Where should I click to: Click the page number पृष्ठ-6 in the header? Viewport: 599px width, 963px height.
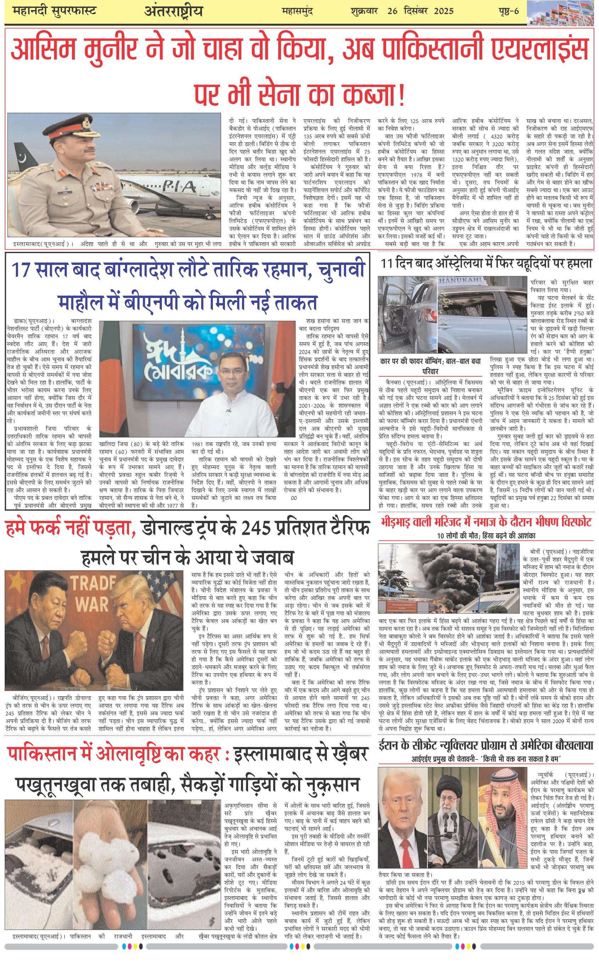tap(509, 11)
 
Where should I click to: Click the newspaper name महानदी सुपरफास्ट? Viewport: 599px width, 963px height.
tap(55, 11)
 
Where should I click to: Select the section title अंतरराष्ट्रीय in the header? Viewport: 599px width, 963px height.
tap(173, 12)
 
